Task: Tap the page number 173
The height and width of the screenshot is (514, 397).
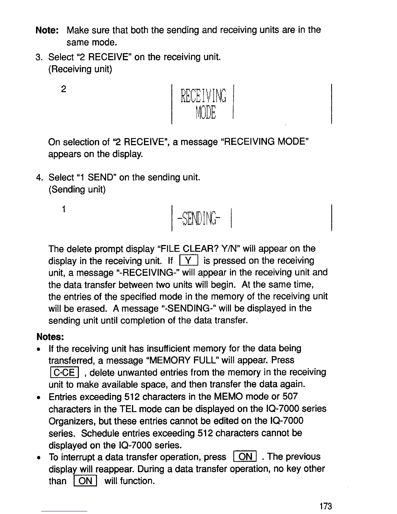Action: (x=325, y=506)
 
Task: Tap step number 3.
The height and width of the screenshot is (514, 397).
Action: (x=39, y=57)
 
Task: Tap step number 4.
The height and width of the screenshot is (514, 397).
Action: (x=39, y=178)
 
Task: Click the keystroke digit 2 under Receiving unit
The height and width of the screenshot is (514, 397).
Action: (x=64, y=89)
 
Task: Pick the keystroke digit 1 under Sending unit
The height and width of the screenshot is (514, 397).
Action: (x=64, y=209)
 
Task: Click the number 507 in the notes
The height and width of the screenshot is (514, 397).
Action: (x=290, y=397)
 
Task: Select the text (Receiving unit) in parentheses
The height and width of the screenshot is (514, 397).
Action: (x=80, y=69)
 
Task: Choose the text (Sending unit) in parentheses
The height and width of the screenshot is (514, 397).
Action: (x=77, y=190)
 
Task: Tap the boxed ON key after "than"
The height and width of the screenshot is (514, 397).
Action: (x=85, y=481)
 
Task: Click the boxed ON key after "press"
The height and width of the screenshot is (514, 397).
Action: (x=245, y=457)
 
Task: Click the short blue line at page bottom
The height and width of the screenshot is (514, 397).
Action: (x=65, y=511)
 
